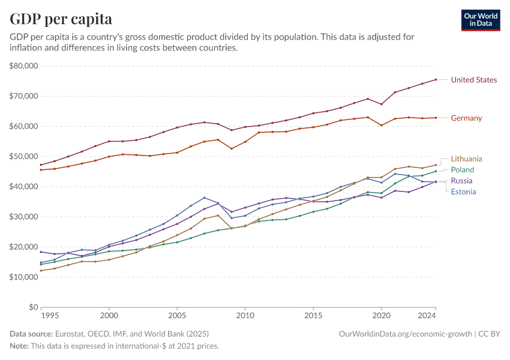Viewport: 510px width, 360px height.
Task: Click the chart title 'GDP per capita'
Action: pyautogui.click(x=61, y=19)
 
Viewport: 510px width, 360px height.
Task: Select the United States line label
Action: pyautogui.click(x=473, y=80)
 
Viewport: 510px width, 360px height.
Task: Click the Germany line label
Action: pyautogui.click(x=466, y=118)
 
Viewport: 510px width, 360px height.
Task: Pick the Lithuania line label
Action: pyautogui.click(x=466, y=159)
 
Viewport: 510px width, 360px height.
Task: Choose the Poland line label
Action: pyautogui.click(x=462, y=170)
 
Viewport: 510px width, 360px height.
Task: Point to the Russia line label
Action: pyautogui.click(x=461, y=181)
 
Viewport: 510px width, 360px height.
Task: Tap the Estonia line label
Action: pyautogui.click(x=463, y=192)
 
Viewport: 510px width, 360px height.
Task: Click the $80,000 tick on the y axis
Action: pyautogui.click(x=24, y=65)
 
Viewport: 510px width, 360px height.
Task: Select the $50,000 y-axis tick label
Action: pyautogui.click(x=24, y=156)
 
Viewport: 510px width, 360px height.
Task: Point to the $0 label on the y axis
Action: pyautogui.click(x=33, y=307)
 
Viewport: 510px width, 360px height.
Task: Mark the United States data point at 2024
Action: pyautogui.click(x=436, y=79)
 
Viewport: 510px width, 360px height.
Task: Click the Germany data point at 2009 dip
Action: pyautogui.click(x=232, y=149)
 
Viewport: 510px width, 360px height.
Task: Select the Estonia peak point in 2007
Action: pyautogui.click(x=205, y=197)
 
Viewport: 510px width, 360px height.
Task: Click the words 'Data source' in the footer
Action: pyautogui.click(x=31, y=334)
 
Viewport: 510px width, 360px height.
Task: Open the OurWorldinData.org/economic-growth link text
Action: pyautogui.click(x=406, y=334)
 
